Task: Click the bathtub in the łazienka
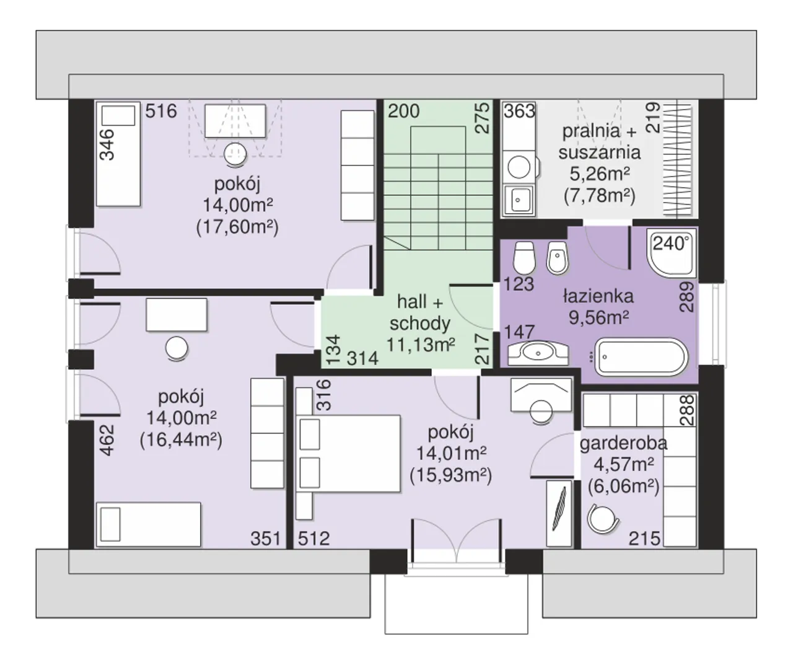[641, 357]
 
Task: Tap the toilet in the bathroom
[524, 258]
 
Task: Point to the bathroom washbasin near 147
[538, 353]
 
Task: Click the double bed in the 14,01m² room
[348, 453]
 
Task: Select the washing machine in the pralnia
[519, 167]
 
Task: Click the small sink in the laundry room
[519, 200]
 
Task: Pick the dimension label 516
[161, 111]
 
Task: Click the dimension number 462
[107, 440]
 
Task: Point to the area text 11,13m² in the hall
[421, 345]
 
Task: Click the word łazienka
[598, 296]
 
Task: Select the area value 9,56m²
[598, 317]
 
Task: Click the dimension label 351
[266, 538]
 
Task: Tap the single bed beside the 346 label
[118, 154]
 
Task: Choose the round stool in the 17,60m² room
[235, 154]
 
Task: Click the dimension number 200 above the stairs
[404, 111]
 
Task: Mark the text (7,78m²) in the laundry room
[599, 195]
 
